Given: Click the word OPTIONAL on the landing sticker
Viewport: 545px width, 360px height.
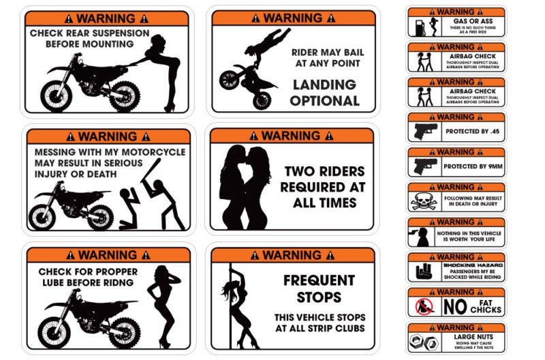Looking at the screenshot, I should pos(325,101).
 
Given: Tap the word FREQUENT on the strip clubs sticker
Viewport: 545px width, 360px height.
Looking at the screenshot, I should pos(319,280).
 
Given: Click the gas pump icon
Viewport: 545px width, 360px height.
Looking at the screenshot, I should pos(418,27).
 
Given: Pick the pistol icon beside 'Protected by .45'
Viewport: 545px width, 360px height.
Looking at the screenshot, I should pos(424,131).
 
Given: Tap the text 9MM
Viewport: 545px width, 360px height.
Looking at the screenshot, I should pos(488,166).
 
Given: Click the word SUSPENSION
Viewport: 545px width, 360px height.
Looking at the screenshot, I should pos(115,33).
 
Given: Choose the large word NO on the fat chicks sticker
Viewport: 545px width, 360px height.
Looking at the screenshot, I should pos(454,307).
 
